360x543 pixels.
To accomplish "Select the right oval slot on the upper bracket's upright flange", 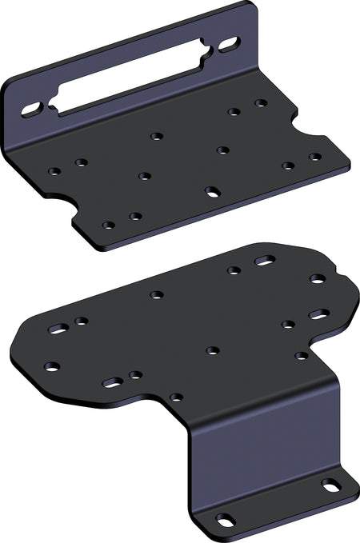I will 228,42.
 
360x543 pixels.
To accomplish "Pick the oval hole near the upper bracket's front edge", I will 213,191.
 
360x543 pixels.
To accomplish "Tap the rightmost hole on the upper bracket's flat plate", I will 315,158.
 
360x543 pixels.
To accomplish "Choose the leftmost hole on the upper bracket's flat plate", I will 54,170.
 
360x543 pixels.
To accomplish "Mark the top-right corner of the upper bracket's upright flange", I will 254,6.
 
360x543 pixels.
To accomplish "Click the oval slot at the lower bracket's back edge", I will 265,261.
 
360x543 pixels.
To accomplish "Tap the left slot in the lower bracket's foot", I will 226,520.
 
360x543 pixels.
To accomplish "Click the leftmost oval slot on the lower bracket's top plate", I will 58,329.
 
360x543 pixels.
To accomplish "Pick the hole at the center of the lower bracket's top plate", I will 213,350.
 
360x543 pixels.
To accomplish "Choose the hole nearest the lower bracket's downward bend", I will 176,397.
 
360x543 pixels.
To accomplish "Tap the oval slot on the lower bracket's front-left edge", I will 113,382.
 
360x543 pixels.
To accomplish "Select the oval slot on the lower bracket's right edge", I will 318,314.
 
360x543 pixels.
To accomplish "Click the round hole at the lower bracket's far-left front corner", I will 52,367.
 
